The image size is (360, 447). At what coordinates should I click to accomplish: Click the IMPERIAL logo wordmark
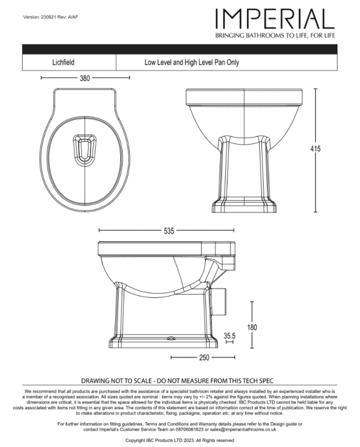tap(275, 19)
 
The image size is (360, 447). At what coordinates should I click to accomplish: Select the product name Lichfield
tap(63, 63)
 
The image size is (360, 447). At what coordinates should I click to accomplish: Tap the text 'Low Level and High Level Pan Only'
tap(191, 63)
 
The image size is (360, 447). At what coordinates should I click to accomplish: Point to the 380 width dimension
tap(85, 78)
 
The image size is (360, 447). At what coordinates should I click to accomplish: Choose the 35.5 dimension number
tap(229, 336)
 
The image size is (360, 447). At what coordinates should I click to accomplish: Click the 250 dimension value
tap(204, 357)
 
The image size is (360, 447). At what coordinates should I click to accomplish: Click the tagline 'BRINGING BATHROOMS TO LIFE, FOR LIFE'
tap(275, 35)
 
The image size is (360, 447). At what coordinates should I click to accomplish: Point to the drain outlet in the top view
tap(83, 149)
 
